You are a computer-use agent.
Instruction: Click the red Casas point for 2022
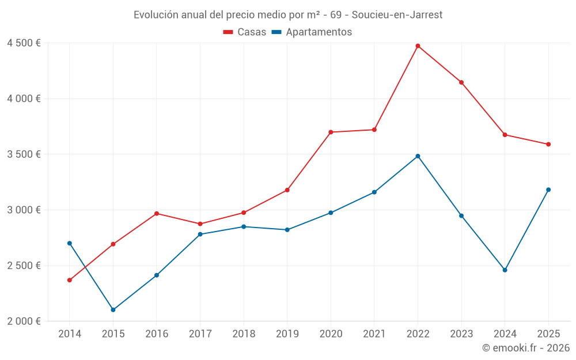(x=418, y=46)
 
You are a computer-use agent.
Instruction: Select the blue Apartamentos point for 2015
(x=113, y=310)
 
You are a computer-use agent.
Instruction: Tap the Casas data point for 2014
(x=70, y=280)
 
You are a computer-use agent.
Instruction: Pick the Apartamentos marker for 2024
(x=505, y=270)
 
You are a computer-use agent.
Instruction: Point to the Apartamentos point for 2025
(x=548, y=190)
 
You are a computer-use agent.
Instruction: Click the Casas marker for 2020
(x=331, y=132)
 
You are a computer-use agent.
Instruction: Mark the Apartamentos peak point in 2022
(x=418, y=156)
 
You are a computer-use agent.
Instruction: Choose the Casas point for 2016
(x=157, y=214)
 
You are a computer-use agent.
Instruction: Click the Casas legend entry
(x=245, y=32)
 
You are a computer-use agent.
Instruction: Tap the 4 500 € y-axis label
(x=24, y=43)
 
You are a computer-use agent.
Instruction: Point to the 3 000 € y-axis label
(x=24, y=210)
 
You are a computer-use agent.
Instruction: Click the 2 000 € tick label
(x=24, y=321)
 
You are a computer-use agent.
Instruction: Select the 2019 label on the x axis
(x=287, y=334)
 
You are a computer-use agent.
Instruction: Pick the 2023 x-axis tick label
(x=461, y=334)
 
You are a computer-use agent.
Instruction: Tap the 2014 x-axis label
(x=70, y=334)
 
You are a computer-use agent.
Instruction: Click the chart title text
(x=288, y=14)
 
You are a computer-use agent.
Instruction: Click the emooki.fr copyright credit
(x=525, y=348)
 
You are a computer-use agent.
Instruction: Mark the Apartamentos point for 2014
(x=70, y=243)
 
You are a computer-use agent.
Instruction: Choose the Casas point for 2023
(x=461, y=82)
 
